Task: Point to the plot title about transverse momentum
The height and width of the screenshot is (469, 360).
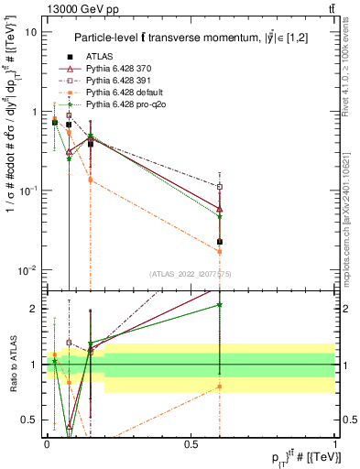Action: click(198, 37)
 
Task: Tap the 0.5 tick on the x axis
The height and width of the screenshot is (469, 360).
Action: click(191, 444)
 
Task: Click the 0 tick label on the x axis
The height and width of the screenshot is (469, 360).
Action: click(47, 444)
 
